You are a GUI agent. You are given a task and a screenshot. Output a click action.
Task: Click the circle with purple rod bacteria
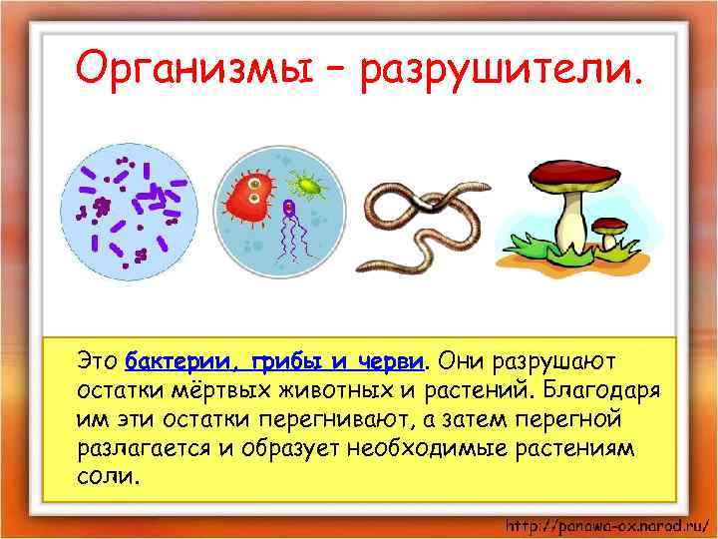tap(125, 211)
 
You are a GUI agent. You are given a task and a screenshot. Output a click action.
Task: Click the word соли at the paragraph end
tap(103, 475)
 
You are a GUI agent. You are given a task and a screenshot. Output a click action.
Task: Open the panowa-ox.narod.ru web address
tap(605, 525)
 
